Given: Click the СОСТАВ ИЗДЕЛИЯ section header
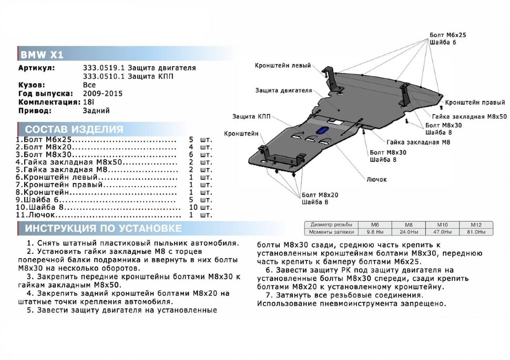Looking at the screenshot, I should (x=74, y=129).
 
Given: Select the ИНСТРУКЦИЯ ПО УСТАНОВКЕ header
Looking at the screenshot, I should (x=104, y=228).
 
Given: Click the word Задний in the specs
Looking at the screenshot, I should (x=96, y=111).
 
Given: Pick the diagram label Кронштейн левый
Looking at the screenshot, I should (x=282, y=66).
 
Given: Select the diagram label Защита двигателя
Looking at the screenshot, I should (x=283, y=90).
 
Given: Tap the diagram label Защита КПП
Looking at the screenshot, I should (x=251, y=116).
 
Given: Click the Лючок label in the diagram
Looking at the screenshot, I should (x=377, y=179).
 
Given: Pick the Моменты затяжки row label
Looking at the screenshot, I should (x=332, y=231).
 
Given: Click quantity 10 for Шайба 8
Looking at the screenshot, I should (x=192, y=208).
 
